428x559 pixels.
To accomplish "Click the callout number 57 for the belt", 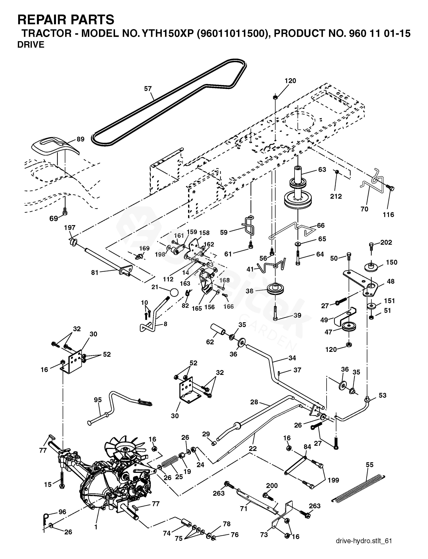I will pos(148,89).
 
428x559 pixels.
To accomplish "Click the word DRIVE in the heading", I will pos(31,45).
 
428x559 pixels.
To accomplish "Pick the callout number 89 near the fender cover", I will pos(80,139).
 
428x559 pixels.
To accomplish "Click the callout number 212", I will pos(336,196).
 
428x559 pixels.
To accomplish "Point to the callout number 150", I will pos(392,262).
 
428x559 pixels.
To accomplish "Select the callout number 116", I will pos(388,215).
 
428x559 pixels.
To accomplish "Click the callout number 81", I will pos(95,273).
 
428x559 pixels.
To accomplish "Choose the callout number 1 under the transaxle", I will pos(96,527).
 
